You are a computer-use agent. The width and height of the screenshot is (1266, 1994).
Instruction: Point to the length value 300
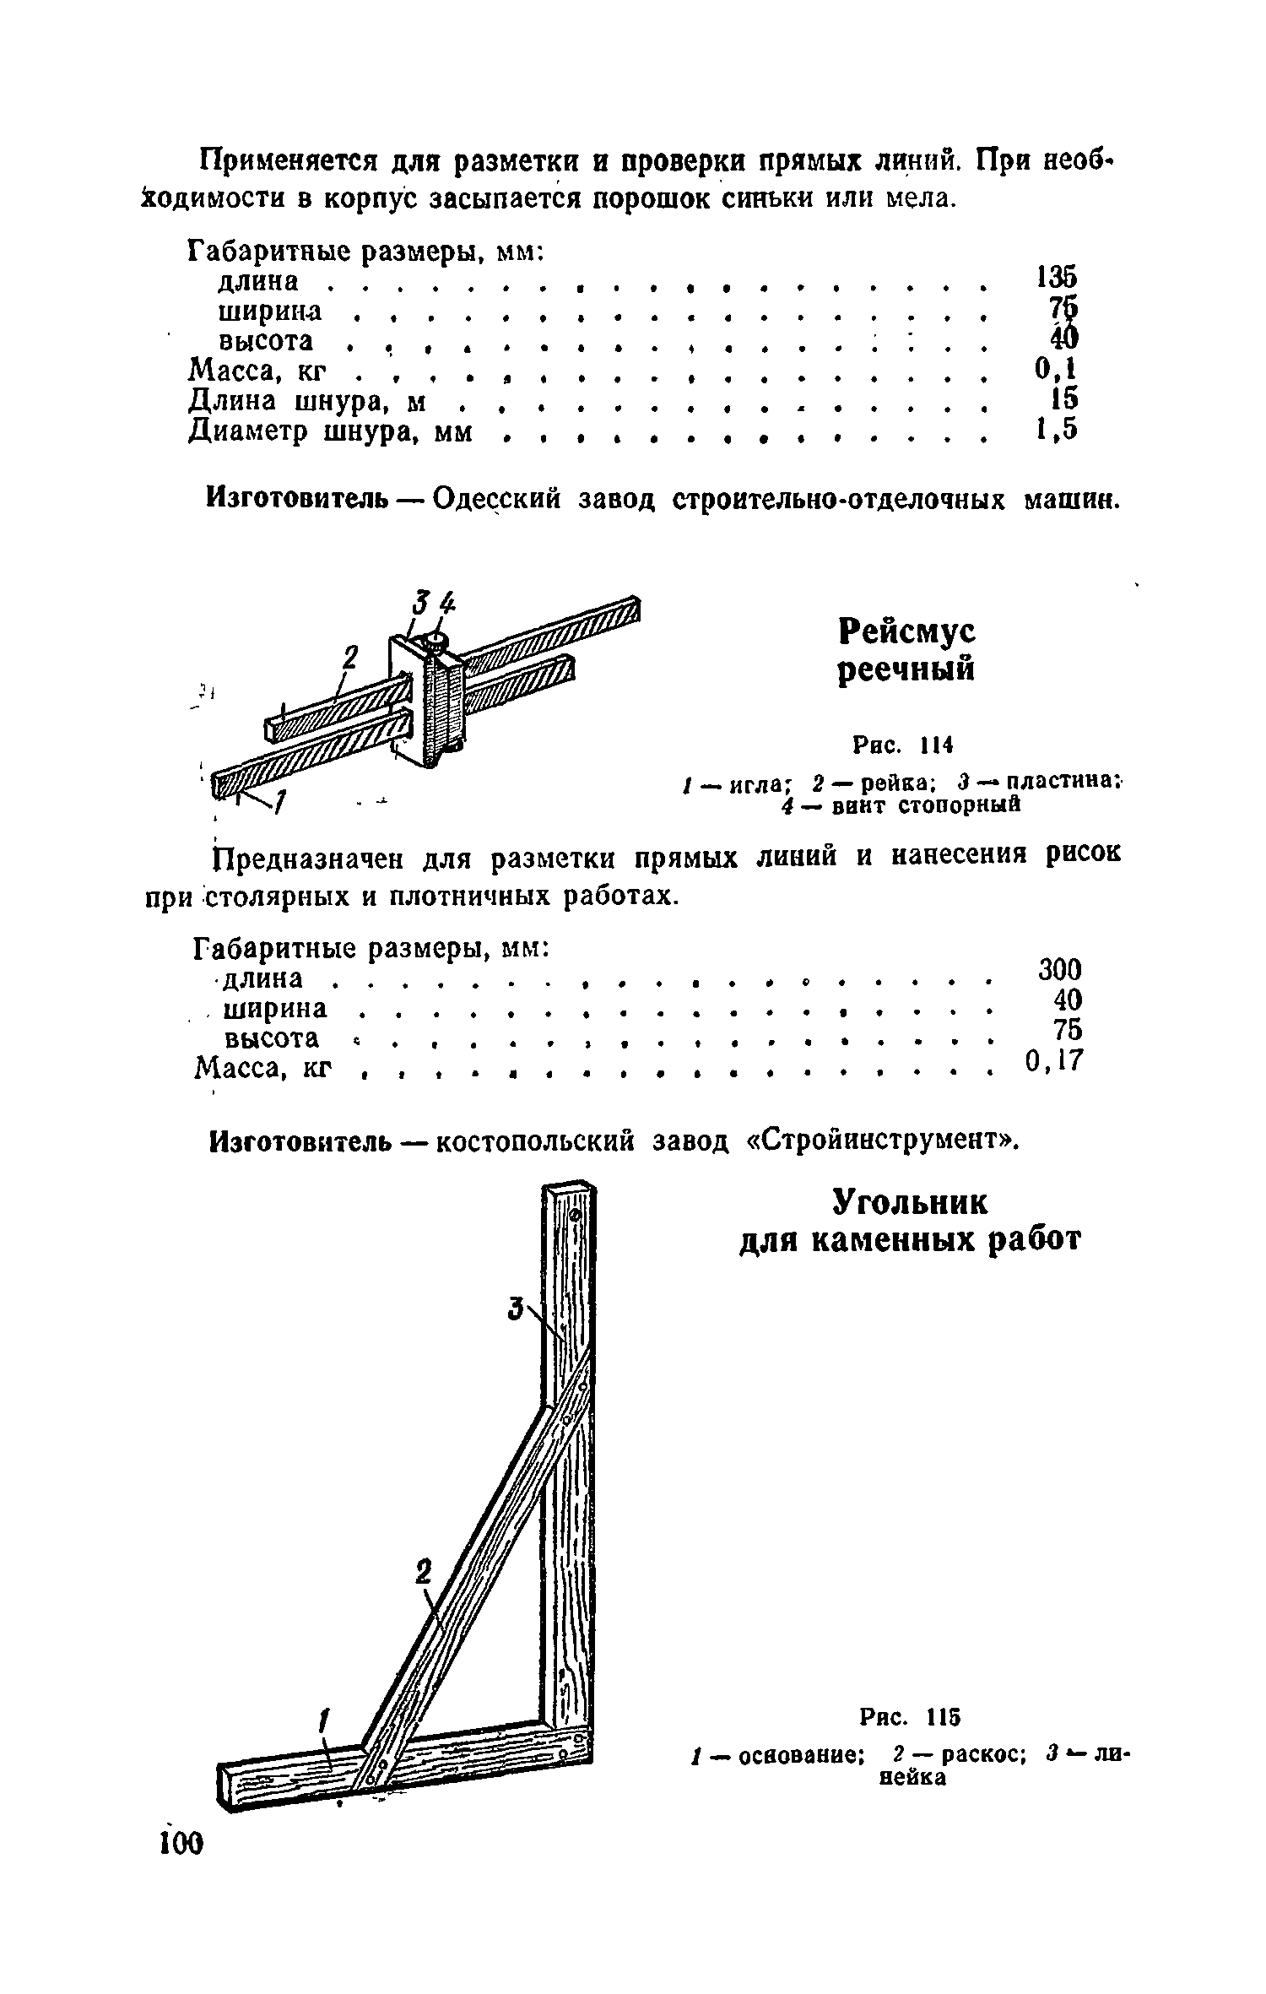pyautogui.click(x=1059, y=968)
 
